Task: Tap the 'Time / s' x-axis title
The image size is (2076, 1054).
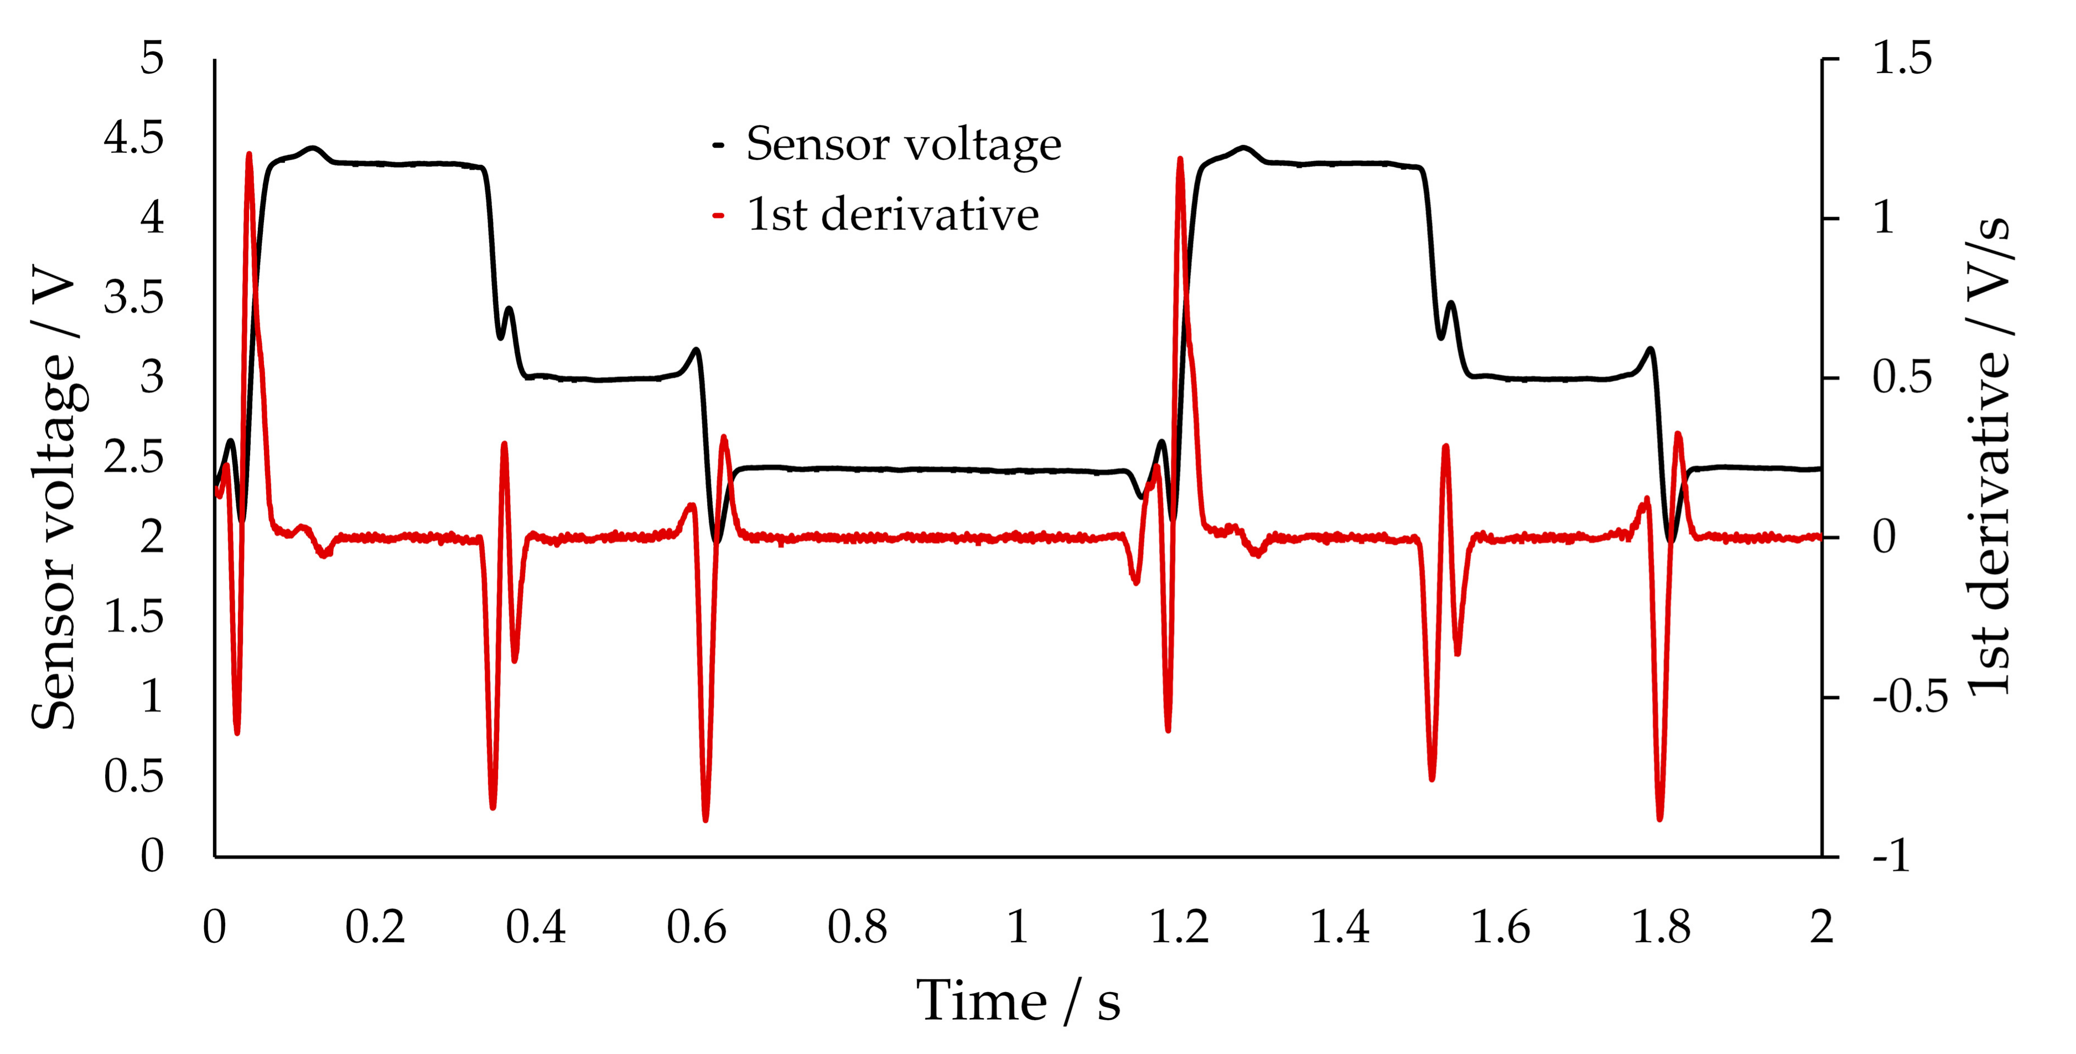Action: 1018,1001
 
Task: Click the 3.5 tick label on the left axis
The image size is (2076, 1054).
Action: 134,298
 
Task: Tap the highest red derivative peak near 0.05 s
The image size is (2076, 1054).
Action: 249,153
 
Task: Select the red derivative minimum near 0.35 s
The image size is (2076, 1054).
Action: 493,807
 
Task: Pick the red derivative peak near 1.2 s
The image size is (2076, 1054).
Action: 1181,158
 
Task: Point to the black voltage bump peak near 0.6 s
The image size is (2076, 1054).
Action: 696,349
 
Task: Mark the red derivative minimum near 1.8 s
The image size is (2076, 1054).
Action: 1659,819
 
